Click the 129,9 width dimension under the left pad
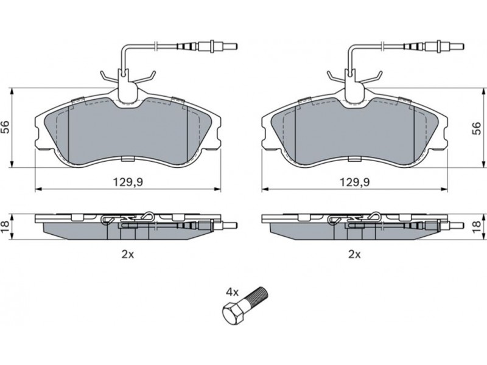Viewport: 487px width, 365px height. tap(127, 182)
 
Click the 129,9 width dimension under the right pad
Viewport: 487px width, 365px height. tap(354, 182)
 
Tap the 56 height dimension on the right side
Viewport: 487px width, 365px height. tap(477, 128)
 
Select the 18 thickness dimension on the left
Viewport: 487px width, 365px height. tap(5, 227)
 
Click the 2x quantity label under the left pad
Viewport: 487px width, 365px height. tap(127, 255)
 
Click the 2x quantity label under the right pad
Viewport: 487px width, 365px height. tap(354, 255)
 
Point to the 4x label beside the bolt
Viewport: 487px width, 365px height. tap(233, 292)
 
